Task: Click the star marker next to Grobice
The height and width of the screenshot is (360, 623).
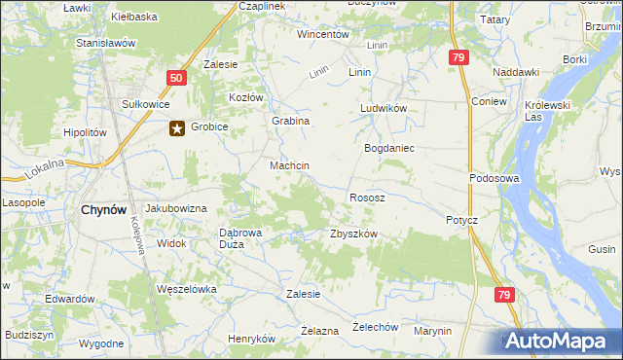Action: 177,126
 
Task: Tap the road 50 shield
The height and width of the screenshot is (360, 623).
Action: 175,79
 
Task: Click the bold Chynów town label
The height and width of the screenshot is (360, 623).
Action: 100,209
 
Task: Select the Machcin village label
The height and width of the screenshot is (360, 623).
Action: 289,166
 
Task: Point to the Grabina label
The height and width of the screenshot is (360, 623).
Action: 290,121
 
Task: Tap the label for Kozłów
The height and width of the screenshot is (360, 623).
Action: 246,98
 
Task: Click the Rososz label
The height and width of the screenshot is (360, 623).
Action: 367,198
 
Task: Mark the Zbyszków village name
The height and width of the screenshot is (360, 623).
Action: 352,234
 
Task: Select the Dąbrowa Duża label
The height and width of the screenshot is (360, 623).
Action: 239,238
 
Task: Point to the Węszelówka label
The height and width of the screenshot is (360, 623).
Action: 185,289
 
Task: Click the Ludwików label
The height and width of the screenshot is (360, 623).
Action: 383,108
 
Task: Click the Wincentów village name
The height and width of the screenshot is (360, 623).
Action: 323,34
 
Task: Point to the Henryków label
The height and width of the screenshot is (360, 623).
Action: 252,339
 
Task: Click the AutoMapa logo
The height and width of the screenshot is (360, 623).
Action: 558,341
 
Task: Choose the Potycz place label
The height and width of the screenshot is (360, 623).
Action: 461,220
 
